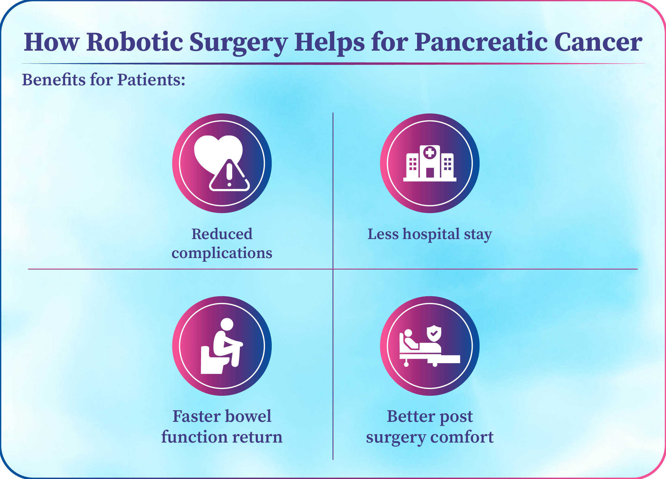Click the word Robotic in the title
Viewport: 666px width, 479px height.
coord(135,42)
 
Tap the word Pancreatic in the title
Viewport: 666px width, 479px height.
coord(481,42)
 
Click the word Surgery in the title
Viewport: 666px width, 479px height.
coord(238,43)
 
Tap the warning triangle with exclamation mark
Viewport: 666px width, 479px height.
coord(229,175)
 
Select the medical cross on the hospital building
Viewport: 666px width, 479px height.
coord(430,153)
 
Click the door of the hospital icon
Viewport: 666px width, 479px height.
coord(430,173)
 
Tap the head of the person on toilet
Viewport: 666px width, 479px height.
coord(227,324)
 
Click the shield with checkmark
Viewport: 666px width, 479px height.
coord(434,333)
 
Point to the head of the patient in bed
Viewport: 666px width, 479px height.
coord(408,333)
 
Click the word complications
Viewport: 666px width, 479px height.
coord(222,254)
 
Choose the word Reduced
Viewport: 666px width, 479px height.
coord(222,234)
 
